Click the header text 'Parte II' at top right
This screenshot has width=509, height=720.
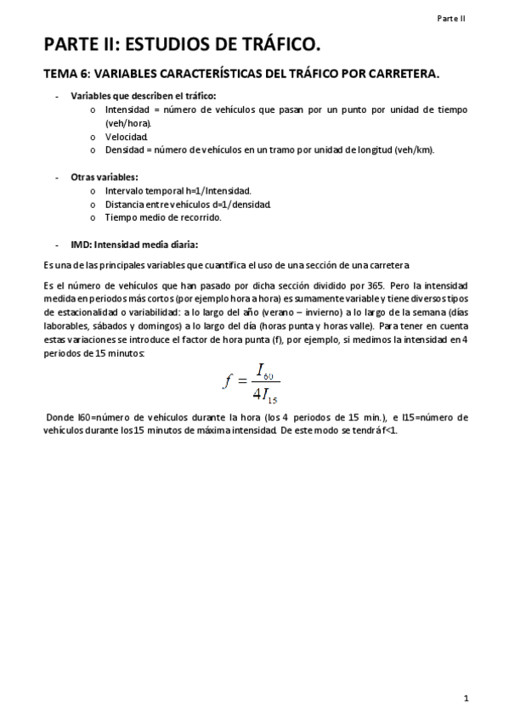tap(451, 17)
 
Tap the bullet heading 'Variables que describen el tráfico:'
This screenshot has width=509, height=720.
tap(144, 96)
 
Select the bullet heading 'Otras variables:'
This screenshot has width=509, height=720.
tap(105, 177)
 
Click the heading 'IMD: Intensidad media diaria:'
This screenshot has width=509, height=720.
tap(134, 245)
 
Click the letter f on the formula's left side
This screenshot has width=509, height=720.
tap(227, 380)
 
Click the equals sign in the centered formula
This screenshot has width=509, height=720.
tap(242, 380)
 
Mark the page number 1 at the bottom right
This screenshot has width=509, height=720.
tap(467, 698)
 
